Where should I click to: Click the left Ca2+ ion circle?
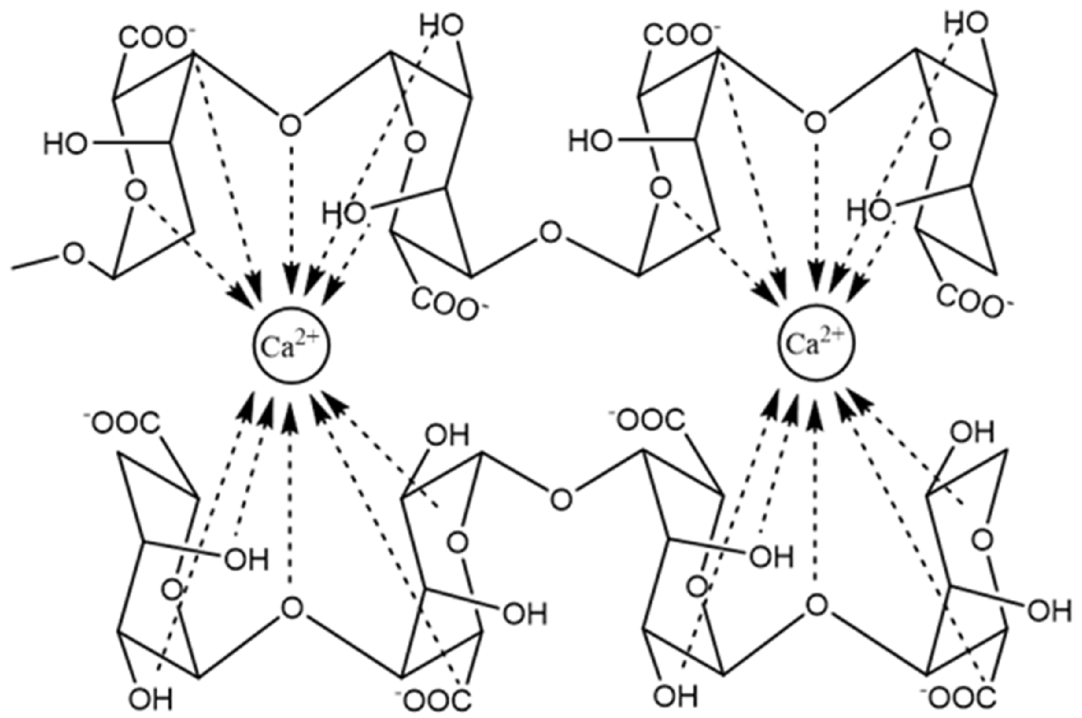(290, 346)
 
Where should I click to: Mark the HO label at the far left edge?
(65, 144)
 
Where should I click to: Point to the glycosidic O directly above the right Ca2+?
(814, 122)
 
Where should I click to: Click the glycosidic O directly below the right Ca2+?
(816, 605)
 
